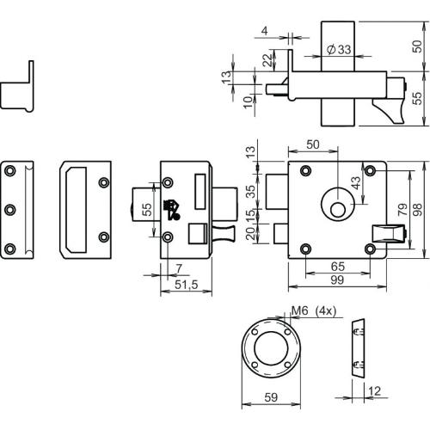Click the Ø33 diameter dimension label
pos(338,51)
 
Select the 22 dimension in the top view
pos(266,62)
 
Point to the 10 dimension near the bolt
pos(247,101)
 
